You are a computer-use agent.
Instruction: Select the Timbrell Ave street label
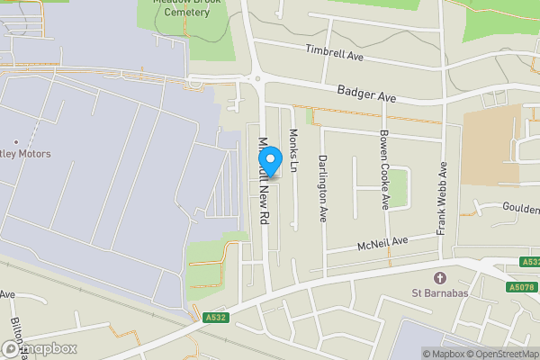coord(333,53)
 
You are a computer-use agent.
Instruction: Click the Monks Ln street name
coord(293,146)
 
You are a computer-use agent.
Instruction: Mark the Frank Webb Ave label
coord(443,198)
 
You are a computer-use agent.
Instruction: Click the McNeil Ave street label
coord(382,242)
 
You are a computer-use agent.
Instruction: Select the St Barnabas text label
coord(439,292)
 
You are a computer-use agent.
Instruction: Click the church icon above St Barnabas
coord(439,277)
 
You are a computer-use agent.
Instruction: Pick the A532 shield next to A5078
coord(529,263)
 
